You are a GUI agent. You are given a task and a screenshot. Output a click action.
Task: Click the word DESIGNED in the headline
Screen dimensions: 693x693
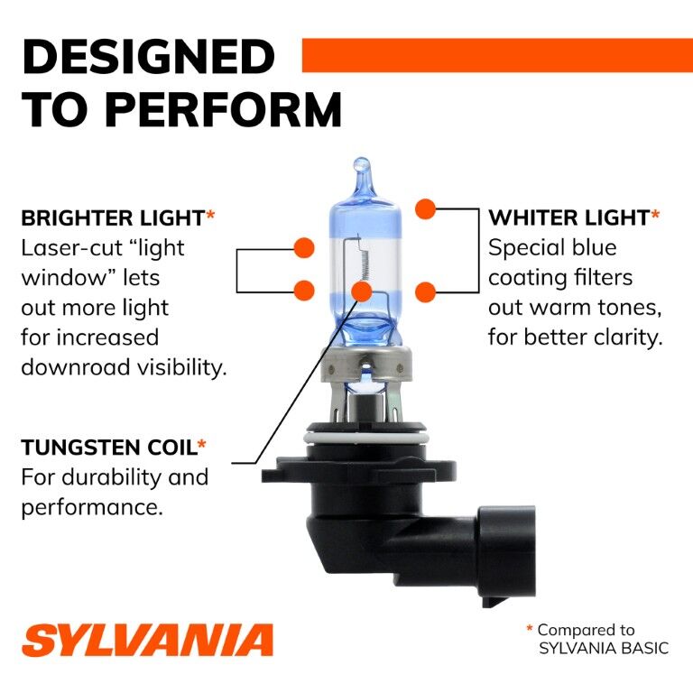148,56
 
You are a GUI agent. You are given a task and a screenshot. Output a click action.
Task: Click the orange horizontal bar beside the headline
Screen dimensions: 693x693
496,55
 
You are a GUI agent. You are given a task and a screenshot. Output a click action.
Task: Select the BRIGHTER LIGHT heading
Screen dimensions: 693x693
112,217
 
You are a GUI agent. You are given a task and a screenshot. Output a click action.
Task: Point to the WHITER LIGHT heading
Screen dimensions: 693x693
568,217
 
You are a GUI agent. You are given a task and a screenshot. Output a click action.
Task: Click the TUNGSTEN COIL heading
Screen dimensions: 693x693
107,447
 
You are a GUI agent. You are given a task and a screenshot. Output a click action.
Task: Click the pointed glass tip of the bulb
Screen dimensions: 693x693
361,167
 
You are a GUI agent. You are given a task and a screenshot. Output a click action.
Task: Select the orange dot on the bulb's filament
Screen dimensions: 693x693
362,291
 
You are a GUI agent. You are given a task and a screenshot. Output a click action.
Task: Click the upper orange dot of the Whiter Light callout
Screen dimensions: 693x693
425,209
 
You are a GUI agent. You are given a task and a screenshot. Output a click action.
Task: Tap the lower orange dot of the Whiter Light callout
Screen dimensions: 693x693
425,291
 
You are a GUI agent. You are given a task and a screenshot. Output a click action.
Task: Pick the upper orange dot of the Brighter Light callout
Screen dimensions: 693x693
304,246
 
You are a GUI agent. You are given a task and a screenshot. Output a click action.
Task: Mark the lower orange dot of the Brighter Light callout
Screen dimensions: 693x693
304,290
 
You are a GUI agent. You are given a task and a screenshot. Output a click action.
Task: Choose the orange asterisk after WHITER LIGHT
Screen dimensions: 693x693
655,216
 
